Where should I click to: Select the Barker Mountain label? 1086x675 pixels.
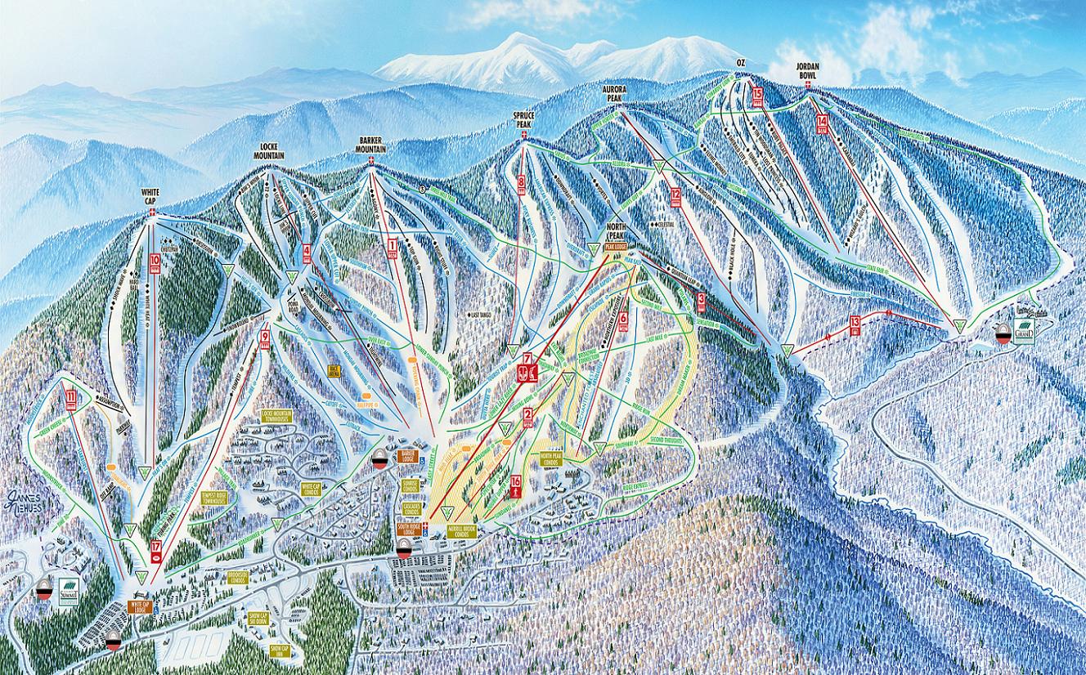[x=371, y=145]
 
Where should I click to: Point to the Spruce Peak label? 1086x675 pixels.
[x=523, y=119]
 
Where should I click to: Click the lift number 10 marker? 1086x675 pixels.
[x=155, y=264]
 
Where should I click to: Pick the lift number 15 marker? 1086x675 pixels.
[x=757, y=97]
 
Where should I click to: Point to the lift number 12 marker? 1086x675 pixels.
[x=675, y=197]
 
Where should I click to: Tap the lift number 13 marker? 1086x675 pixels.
[x=855, y=323]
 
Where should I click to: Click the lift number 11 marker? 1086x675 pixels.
[x=71, y=400]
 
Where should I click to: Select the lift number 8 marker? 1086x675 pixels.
[x=521, y=186]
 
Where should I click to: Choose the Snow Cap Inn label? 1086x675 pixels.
[x=279, y=650]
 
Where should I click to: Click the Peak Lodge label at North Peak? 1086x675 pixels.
[x=615, y=244]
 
